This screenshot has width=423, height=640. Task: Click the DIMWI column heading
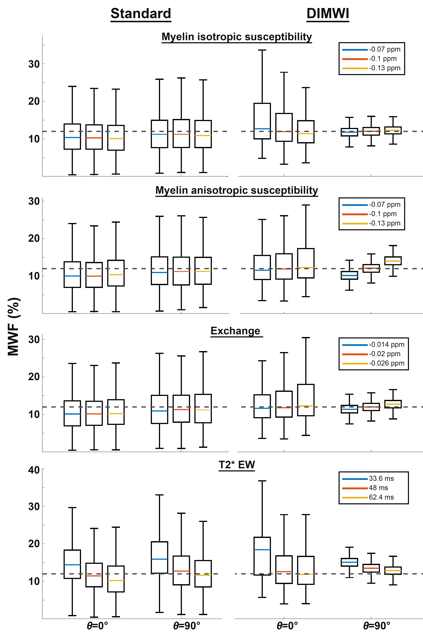point(328,13)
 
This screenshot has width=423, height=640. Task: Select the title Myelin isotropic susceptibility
point(237,37)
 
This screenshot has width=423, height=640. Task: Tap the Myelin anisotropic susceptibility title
point(237,190)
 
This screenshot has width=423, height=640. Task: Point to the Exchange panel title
point(235,331)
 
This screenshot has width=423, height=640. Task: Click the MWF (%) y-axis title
point(13,326)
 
